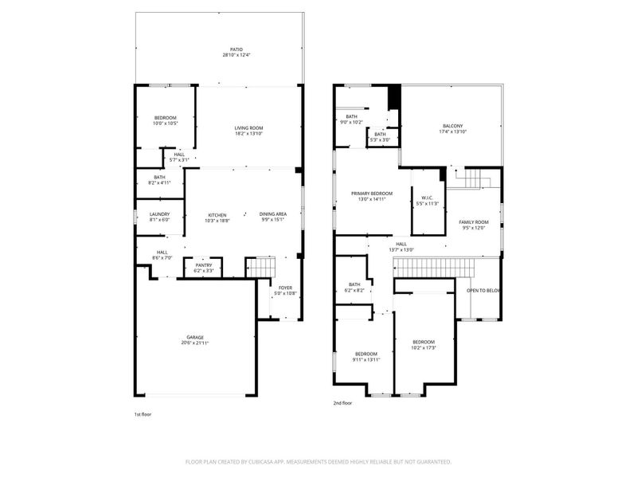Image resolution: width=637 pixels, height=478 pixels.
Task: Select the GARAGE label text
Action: [194, 337]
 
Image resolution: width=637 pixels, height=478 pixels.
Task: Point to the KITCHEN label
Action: [217, 214]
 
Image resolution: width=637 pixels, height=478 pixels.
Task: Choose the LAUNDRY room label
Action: [159, 214]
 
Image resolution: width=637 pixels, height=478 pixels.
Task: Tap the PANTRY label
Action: [204, 266]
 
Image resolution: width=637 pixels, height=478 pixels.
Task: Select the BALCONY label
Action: [452, 125]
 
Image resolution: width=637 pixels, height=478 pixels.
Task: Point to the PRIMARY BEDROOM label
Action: [373, 194]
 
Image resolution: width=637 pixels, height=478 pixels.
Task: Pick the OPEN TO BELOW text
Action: [483, 291]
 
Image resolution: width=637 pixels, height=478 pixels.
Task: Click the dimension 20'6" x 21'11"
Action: [194, 343]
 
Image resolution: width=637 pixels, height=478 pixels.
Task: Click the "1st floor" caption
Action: [143, 414]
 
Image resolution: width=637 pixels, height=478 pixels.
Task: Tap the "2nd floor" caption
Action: [343, 404]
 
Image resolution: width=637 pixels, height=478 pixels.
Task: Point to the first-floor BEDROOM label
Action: [165, 118]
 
